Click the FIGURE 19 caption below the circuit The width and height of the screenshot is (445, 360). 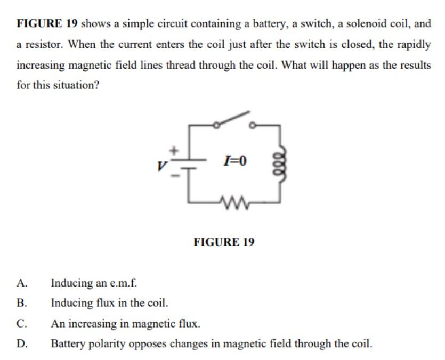224,242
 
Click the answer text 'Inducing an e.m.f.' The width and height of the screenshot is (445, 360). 94,283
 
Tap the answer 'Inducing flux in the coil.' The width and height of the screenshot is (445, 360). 109,303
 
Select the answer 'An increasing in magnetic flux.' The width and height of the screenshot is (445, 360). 125,323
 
